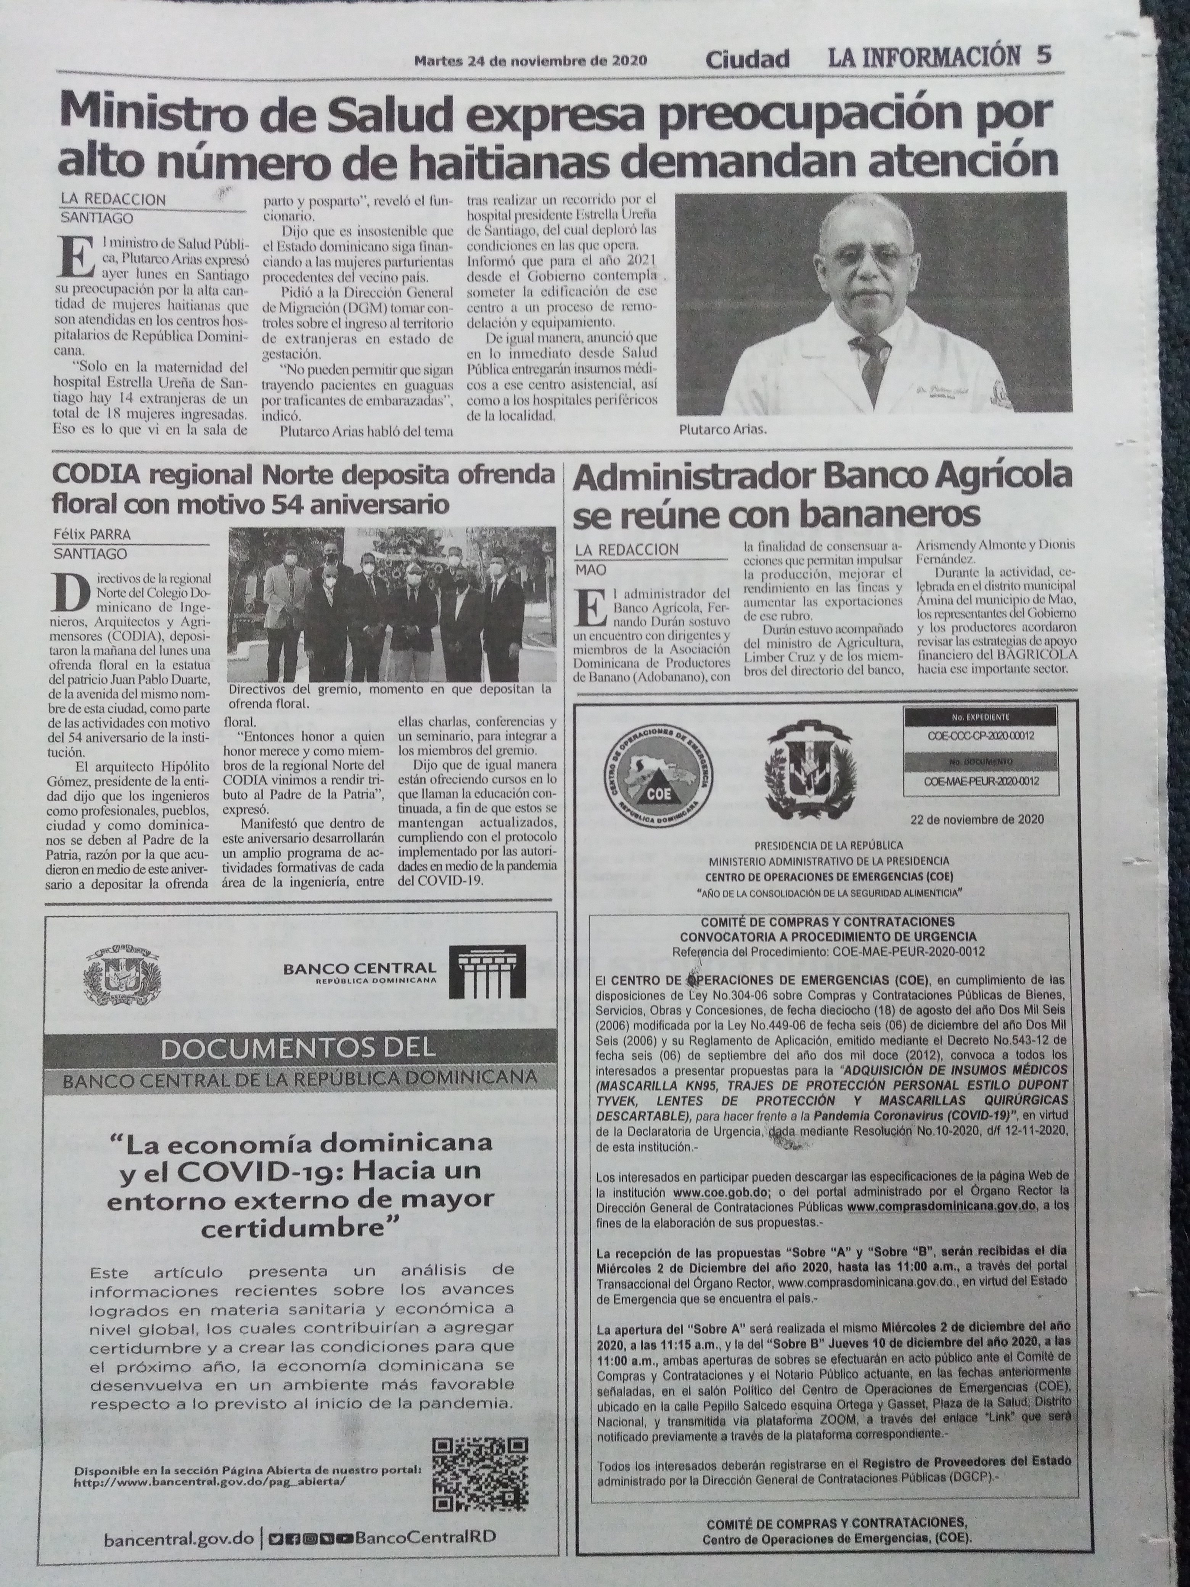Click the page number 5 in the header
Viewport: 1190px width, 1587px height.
[1044, 56]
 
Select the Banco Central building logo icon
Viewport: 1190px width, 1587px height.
[487, 974]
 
